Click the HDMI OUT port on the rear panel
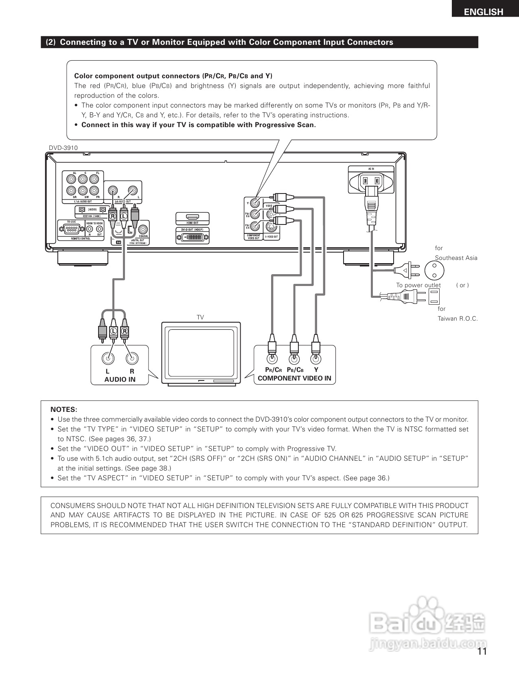pos(193,217)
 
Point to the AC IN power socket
pos(371,180)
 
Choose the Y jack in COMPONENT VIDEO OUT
pos(255,202)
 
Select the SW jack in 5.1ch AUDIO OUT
pos(83,190)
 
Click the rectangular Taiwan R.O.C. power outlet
pos(434,297)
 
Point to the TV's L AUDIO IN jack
pos(108,358)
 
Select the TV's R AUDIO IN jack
pos(132,358)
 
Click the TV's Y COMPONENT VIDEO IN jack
pos(316,359)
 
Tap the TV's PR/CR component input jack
pos(272,359)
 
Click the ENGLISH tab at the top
pos(484,12)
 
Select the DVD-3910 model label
pos(63,148)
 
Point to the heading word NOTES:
pos(64,409)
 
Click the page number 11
pos(482,651)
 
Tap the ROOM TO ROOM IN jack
pos(90,229)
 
